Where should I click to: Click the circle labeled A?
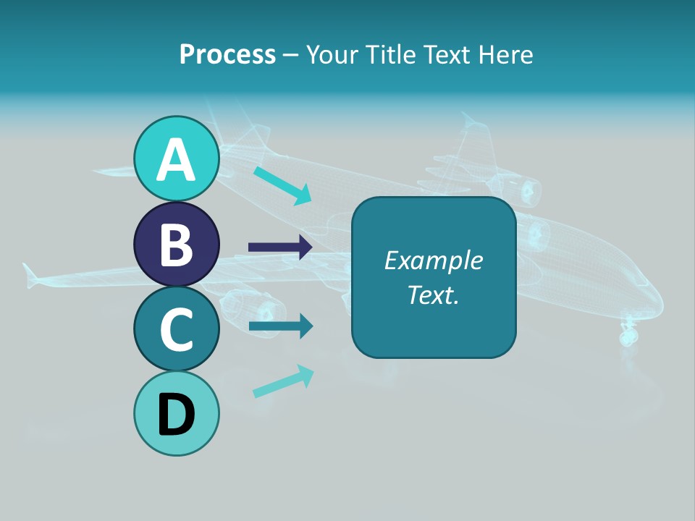pyautogui.click(x=176, y=158)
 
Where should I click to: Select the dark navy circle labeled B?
pyautogui.click(x=176, y=244)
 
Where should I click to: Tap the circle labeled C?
pyautogui.click(x=176, y=329)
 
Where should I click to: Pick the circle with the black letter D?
pyautogui.click(x=176, y=413)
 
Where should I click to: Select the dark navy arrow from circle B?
pyautogui.click(x=280, y=247)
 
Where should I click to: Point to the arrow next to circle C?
pyautogui.click(x=280, y=326)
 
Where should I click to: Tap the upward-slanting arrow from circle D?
pyautogui.click(x=283, y=381)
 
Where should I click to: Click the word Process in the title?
pyautogui.click(x=227, y=54)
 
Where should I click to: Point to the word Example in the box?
pyautogui.click(x=433, y=260)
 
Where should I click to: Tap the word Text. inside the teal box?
pyautogui.click(x=433, y=295)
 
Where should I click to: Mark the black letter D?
pyautogui.click(x=176, y=415)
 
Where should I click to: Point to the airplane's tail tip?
pyautogui.click(x=29, y=273)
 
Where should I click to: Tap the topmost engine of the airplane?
pyautogui.click(x=527, y=191)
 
